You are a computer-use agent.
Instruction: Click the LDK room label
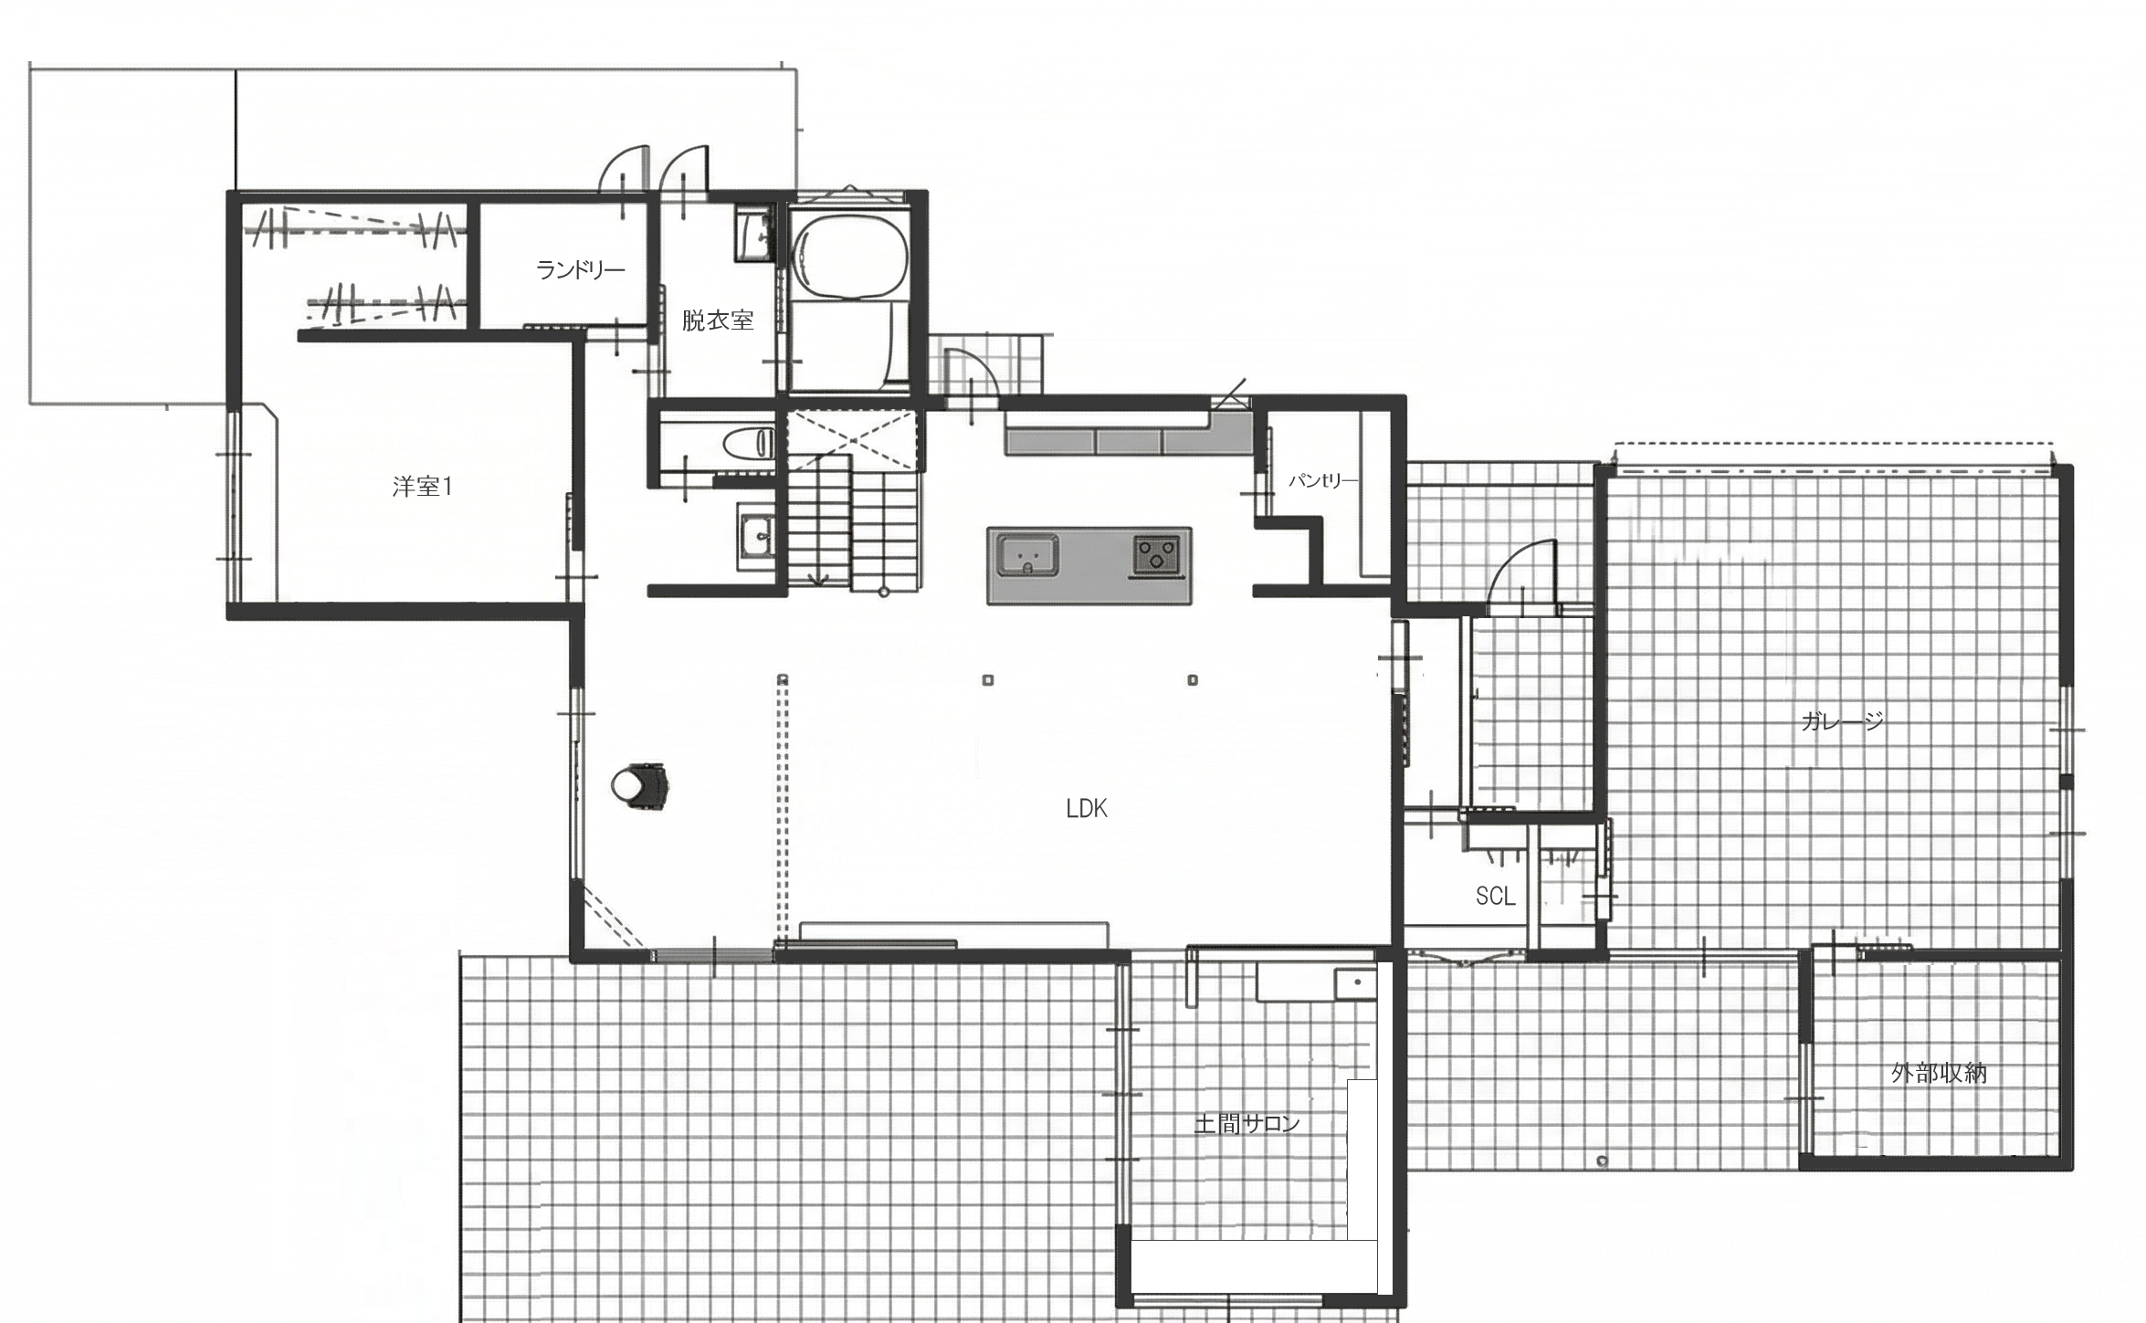tap(1087, 808)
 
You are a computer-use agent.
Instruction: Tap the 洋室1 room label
tap(423, 487)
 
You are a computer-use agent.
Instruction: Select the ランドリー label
tap(580, 270)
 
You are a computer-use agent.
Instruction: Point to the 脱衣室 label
tap(718, 320)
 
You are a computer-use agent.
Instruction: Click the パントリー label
tap(1323, 480)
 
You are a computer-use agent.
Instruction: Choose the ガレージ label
tap(1843, 721)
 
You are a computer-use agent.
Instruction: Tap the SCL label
tap(1496, 897)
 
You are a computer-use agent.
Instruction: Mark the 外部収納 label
tap(1939, 1073)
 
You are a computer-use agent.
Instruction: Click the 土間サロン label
tap(1247, 1124)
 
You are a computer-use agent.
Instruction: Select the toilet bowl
tap(748, 445)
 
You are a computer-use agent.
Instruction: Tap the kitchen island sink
tap(1028, 555)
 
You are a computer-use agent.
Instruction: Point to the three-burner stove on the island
tap(1156, 554)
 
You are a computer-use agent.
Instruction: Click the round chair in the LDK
tap(640, 786)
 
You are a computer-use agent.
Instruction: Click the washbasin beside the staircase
tap(755, 538)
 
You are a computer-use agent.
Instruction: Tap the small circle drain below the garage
tap(1602, 1161)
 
